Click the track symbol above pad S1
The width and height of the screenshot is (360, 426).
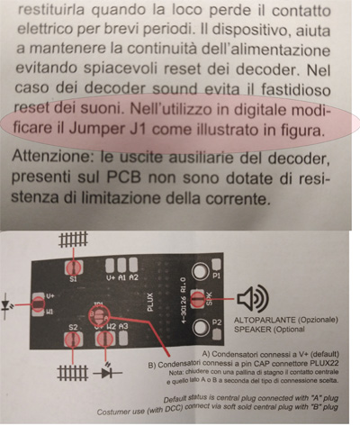pos(70,240)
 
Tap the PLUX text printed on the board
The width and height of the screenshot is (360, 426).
pos(155,295)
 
